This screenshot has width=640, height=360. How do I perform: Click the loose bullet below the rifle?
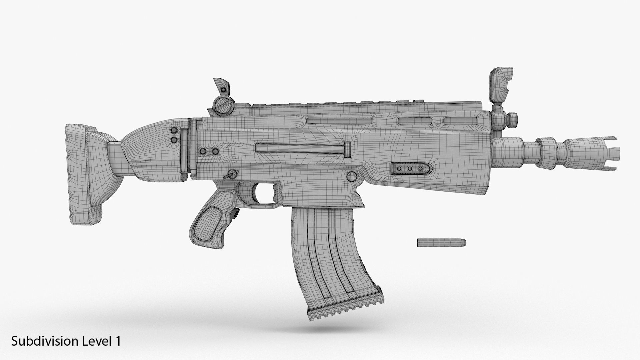(x=441, y=243)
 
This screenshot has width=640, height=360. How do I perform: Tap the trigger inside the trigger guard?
(x=274, y=193)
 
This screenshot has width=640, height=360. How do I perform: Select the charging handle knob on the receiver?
(x=347, y=149)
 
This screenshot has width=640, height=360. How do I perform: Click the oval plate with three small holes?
(x=410, y=169)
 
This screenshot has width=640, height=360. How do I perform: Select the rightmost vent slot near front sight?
(x=460, y=121)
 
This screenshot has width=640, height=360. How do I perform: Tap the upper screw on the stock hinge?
(x=173, y=130)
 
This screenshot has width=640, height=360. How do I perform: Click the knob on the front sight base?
(x=514, y=117)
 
